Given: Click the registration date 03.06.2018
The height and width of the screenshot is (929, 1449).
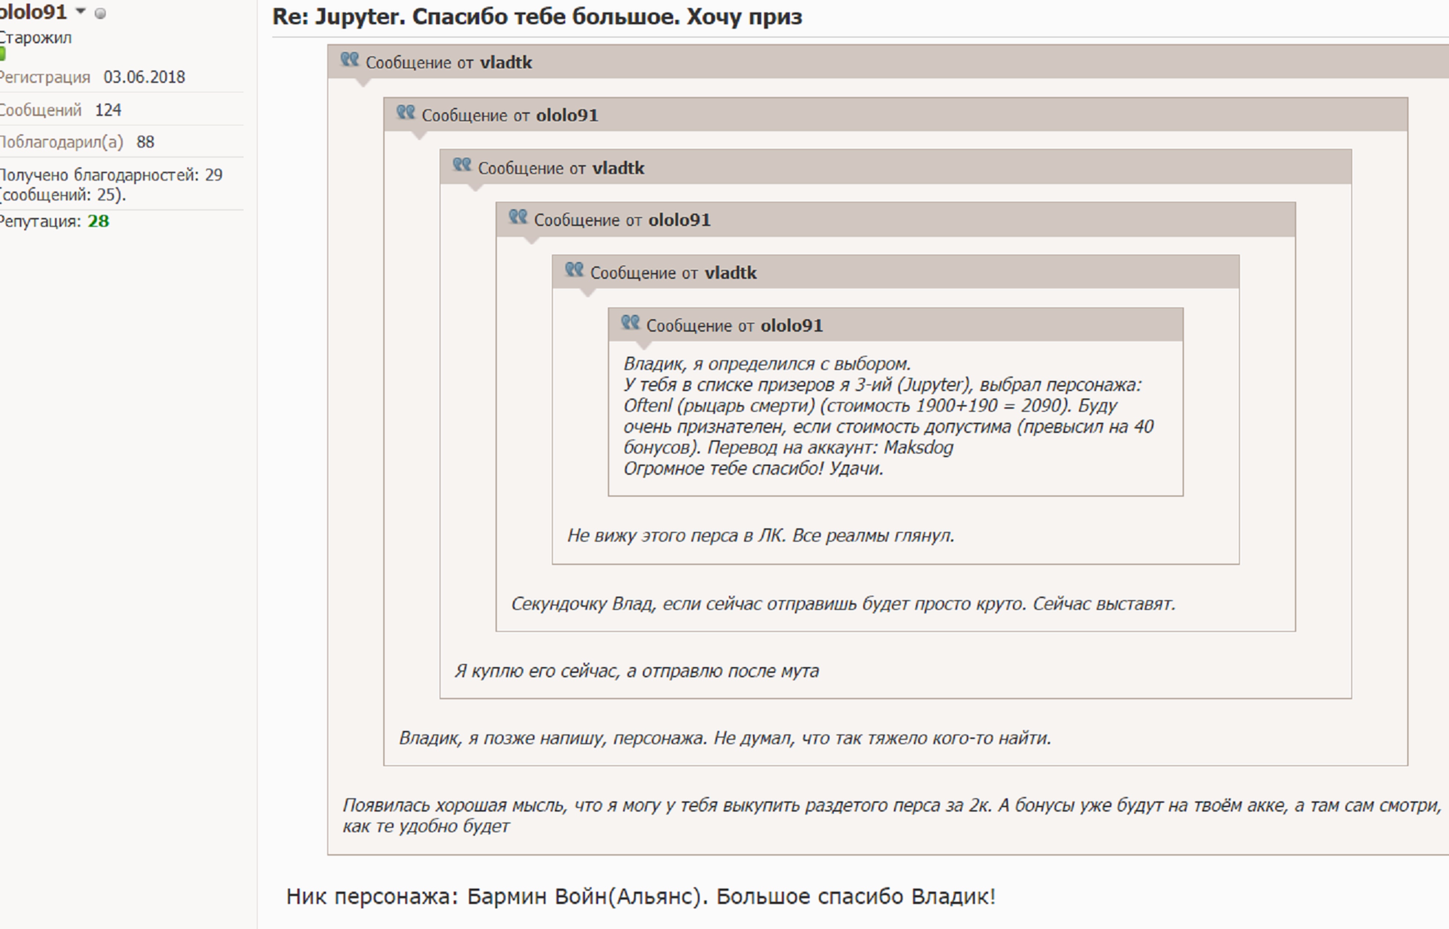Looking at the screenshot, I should [x=144, y=77].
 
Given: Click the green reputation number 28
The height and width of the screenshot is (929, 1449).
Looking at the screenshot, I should [x=98, y=221].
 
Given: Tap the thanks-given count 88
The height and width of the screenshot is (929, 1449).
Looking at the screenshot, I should [x=145, y=142].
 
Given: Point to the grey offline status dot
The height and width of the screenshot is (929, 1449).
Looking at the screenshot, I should [x=101, y=13].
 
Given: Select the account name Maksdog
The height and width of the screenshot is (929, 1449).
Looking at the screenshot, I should [x=918, y=448].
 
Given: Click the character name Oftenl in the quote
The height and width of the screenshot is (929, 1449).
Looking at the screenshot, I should [x=647, y=405].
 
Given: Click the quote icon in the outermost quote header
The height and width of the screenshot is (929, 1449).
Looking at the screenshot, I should [x=349, y=60].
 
